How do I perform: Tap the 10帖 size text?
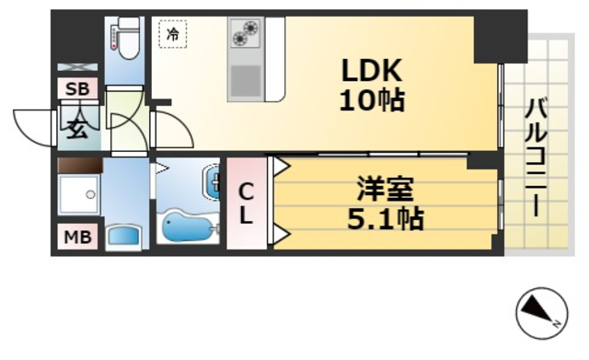pos(371,100)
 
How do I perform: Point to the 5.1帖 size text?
pos(386,221)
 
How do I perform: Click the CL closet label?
pos(247,204)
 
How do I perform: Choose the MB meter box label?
pos(76,238)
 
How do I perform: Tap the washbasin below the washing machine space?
pos(121,236)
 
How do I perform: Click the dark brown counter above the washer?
pos(78,166)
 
